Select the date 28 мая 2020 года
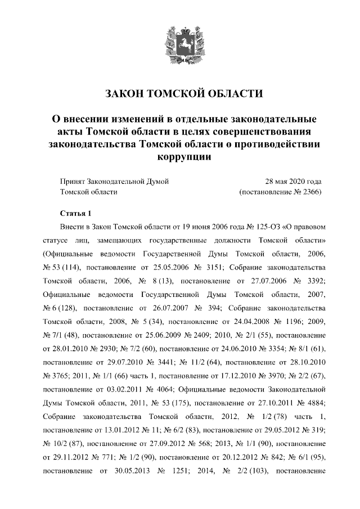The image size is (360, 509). pyautogui.click(x=293, y=181)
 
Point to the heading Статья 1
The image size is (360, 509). pyautogui.click(x=75, y=214)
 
